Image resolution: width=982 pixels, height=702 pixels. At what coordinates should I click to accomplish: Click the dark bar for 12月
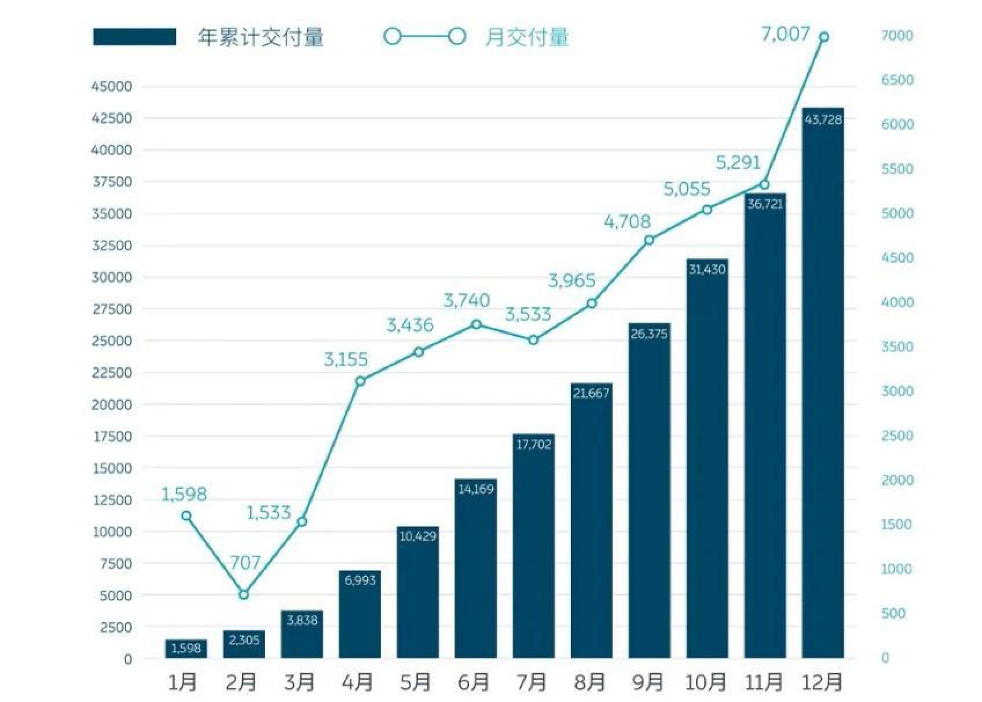823,382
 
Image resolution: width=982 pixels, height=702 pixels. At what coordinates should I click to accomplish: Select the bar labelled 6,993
360,614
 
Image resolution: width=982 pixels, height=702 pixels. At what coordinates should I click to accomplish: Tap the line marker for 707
244,594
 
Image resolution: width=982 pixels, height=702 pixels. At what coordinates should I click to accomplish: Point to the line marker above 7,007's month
823,37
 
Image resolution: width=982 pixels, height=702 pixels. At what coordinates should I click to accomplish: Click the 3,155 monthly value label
346,360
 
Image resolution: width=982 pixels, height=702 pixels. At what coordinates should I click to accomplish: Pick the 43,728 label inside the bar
823,120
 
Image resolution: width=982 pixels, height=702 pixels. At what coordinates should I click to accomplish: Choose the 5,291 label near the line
738,163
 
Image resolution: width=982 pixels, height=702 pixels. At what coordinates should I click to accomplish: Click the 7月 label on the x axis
531,682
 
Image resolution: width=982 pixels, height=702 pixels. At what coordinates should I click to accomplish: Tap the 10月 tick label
706,682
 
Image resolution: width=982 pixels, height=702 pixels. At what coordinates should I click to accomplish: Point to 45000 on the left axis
112,87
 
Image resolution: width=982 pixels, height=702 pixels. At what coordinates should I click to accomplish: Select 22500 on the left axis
112,372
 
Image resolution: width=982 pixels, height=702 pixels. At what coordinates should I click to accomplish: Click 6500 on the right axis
897,80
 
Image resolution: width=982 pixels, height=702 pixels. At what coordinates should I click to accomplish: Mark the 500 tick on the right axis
893,613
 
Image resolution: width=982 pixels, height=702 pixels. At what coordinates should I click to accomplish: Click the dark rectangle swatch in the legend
134,37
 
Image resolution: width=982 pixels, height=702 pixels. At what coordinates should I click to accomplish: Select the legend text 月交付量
527,37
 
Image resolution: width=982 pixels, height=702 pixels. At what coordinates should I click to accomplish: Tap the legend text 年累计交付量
261,37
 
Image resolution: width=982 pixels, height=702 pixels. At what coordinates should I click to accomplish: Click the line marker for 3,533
533,340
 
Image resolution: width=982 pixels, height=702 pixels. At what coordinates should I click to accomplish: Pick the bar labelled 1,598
186,648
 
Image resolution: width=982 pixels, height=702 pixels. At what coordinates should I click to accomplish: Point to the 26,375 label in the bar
649,334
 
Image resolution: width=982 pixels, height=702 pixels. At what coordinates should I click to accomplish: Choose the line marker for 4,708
649,240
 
